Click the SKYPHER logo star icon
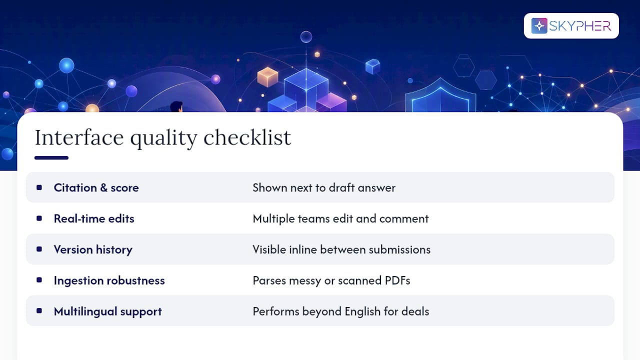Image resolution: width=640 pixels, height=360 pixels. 539,25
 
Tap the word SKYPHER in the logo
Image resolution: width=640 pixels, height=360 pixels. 580,26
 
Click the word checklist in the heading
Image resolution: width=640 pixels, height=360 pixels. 247,137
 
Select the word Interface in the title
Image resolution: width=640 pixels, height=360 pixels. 79,137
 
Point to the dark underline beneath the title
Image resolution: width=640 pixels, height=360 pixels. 51,157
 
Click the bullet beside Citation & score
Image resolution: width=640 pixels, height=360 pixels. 39,187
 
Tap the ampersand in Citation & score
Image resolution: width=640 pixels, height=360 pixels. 103,187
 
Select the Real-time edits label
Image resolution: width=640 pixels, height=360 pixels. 94,218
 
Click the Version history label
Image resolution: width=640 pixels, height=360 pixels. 93,249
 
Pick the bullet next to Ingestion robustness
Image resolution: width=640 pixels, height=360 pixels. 39,280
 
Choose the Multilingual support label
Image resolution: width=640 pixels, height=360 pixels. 107,311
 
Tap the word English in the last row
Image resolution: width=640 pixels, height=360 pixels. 362,311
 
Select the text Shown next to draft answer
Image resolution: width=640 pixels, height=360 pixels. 324,187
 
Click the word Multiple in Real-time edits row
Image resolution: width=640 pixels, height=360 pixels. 273,219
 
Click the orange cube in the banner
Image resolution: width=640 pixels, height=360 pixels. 267,77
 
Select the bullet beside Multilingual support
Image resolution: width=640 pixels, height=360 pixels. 39,311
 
